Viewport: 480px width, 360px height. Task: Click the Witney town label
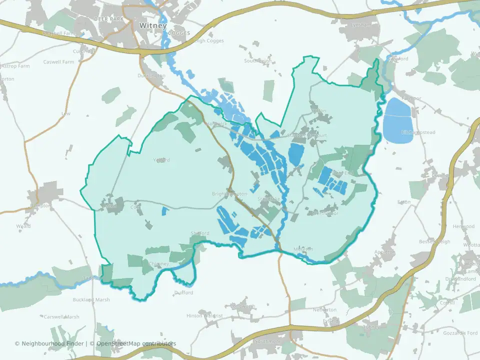click(153, 25)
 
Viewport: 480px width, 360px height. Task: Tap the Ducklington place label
click(151, 75)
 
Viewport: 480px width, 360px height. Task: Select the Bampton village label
click(40, 205)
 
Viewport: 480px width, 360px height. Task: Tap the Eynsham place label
click(361, 24)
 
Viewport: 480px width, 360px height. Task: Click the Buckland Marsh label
click(91, 299)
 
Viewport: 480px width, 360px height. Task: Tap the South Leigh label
click(257, 61)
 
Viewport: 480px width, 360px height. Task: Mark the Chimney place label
click(159, 264)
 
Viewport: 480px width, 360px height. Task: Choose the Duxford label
click(183, 292)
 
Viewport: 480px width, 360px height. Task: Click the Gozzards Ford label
click(460, 332)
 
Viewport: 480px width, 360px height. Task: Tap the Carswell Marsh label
click(61, 316)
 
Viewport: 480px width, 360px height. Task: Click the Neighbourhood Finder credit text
click(50, 343)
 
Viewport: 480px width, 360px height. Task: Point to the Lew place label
click(65, 113)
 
